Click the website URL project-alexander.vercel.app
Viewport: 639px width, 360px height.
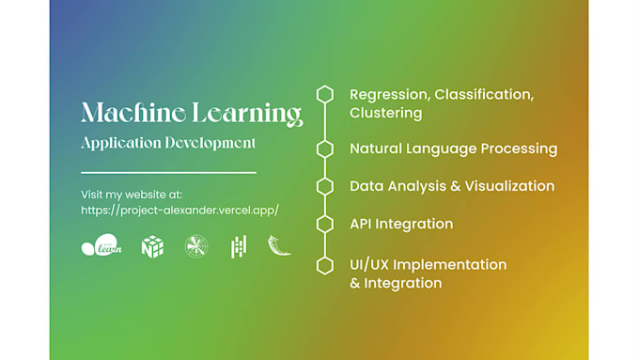tap(179, 210)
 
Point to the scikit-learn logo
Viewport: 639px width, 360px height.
tap(101, 246)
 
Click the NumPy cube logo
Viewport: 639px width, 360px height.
tap(151, 246)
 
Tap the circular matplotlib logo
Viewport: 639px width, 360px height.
tap(196, 246)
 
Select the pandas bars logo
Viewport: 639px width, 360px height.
tap(239, 246)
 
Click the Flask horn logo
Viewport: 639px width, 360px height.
tap(279, 245)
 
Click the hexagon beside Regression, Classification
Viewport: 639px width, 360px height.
tap(325, 94)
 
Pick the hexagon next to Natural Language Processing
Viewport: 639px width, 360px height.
tap(325, 149)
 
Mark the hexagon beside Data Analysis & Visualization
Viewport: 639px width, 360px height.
tap(325, 186)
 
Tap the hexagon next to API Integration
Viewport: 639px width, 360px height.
tap(325, 224)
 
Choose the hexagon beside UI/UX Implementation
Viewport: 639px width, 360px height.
tap(325, 265)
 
